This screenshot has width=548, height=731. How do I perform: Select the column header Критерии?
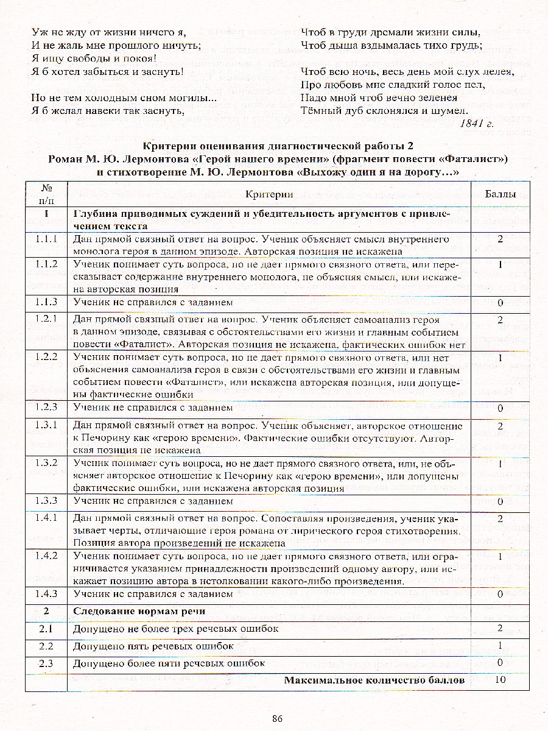[x=270, y=194]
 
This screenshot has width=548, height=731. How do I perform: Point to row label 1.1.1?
[x=46, y=239]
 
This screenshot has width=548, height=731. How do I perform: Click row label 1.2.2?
[x=46, y=358]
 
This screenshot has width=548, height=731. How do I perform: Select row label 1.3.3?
[x=46, y=501]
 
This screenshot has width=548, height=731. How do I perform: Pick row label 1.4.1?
[x=46, y=518]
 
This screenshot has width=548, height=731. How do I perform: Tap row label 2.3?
[x=46, y=663]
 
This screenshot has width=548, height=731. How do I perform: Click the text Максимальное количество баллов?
[x=374, y=680]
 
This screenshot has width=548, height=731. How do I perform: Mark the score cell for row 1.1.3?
[x=500, y=303]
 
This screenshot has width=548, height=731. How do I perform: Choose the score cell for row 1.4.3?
[x=500, y=593]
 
